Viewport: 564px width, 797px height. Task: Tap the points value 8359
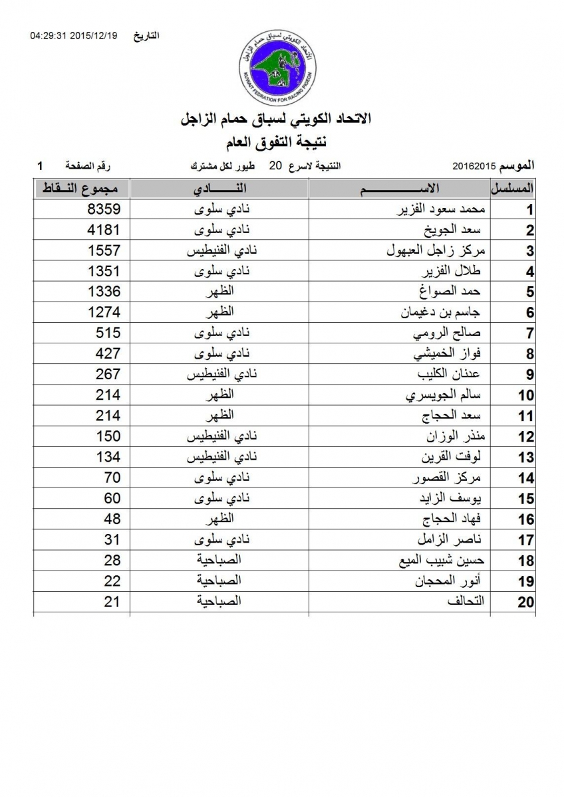(104, 209)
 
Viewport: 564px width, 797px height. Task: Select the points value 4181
(104, 230)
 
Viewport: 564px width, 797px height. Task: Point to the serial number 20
(526, 602)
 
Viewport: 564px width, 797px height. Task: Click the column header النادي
(219, 188)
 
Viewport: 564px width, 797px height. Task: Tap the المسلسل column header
(514, 188)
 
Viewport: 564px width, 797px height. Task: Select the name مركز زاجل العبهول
(437, 251)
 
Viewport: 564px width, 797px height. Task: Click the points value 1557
(104, 250)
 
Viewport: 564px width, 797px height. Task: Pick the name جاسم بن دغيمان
(444, 313)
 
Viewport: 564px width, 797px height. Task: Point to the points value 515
(108, 333)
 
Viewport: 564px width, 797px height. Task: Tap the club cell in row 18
(219, 561)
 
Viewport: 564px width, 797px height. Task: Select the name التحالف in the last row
(472, 602)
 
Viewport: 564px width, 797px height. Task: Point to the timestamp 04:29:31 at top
(49, 35)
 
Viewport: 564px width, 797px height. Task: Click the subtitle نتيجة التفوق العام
(282, 140)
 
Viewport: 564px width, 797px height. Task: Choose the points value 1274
(104, 312)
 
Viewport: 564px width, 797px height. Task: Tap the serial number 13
(526, 458)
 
